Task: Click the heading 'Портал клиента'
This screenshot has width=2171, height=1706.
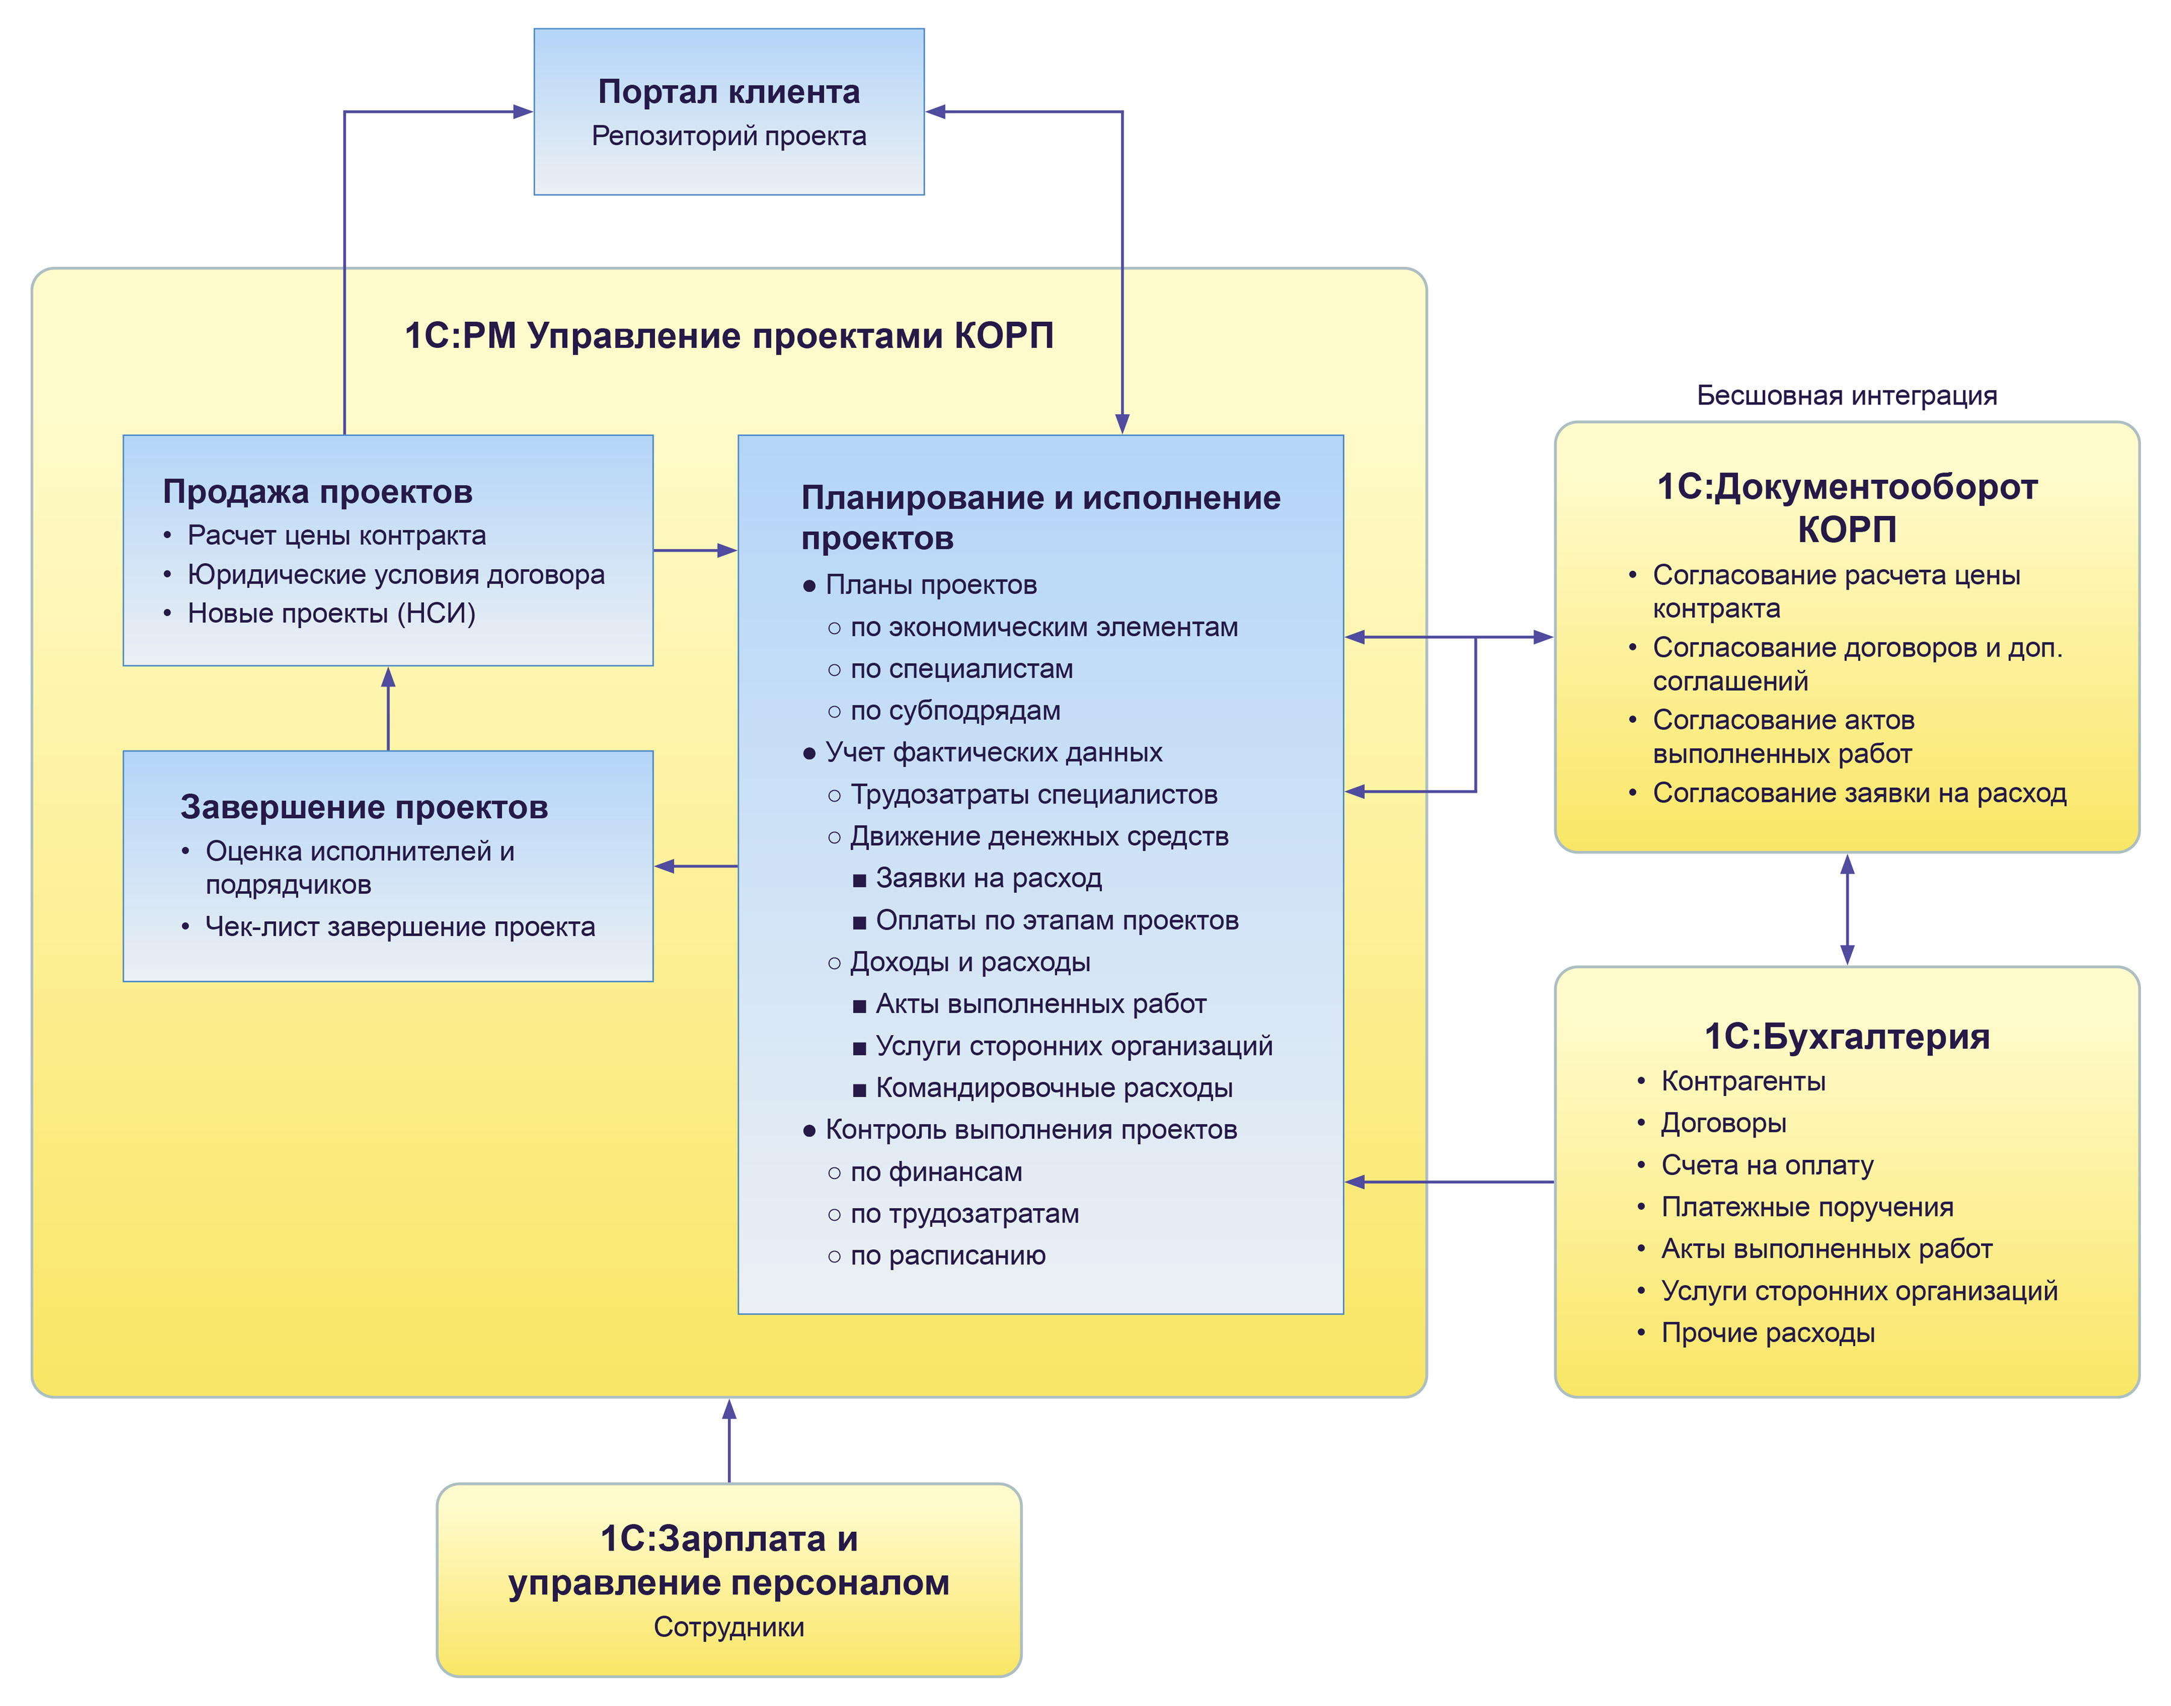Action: pos(728,92)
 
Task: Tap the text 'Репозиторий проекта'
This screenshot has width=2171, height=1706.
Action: pos(728,136)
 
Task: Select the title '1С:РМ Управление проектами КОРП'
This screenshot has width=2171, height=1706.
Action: pos(728,336)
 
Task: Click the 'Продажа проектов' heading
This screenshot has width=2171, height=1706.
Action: pos(318,491)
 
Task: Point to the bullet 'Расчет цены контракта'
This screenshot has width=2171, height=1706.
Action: pos(337,535)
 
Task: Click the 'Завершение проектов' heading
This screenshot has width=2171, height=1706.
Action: pos(364,807)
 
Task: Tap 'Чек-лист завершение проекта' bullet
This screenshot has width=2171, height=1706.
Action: pos(400,927)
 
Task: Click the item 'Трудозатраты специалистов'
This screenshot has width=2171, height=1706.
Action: pos(1033,795)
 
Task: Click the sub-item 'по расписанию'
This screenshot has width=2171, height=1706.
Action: pos(947,1256)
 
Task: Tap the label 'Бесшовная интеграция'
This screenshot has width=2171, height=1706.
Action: pos(1847,395)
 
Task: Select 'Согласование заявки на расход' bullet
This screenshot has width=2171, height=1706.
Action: pos(1858,793)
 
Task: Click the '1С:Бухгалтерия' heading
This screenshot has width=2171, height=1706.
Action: pos(1847,1037)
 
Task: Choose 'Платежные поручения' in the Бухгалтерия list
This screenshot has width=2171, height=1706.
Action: pos(1806,1207)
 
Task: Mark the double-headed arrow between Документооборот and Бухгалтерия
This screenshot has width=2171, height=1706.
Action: pos(1847,909)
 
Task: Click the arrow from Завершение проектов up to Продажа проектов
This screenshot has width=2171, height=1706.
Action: pos(388,708)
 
